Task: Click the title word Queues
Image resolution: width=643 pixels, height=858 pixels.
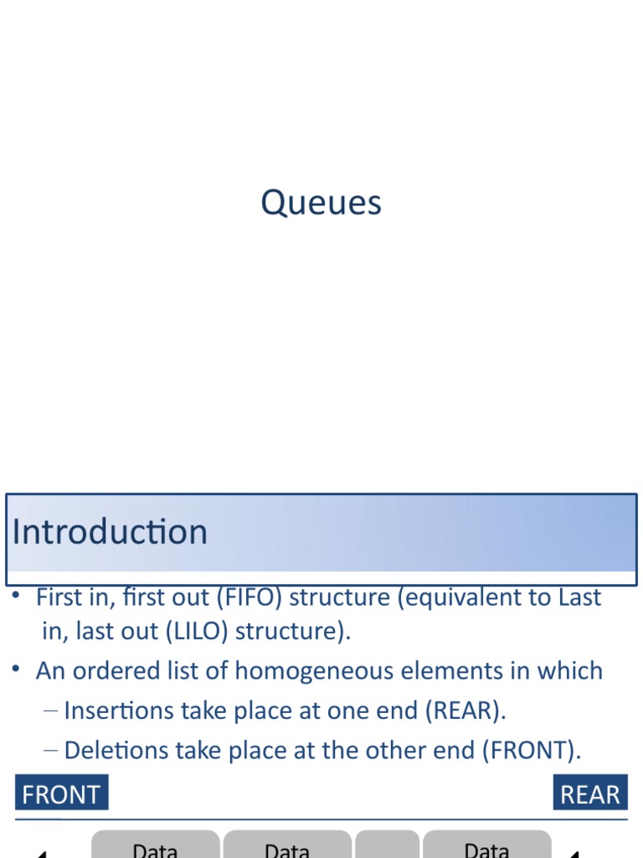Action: point(321,203)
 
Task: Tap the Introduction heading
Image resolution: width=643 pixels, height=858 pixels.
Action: point(110,532)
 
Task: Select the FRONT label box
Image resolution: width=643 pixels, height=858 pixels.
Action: point(61,793)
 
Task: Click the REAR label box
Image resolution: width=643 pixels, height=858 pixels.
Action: point(589,793)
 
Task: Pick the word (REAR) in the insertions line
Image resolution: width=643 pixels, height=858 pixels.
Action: point(466,711)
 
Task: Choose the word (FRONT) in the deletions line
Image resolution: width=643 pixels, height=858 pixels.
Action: point(531,750)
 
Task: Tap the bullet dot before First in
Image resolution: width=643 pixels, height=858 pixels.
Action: point(17,595)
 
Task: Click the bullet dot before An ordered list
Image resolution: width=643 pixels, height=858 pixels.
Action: point(17,668)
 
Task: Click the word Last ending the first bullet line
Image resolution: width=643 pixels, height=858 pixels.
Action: point(580,598)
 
